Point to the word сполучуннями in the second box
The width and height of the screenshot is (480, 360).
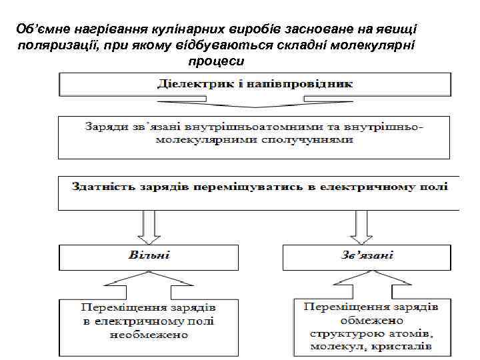(307, 141)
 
